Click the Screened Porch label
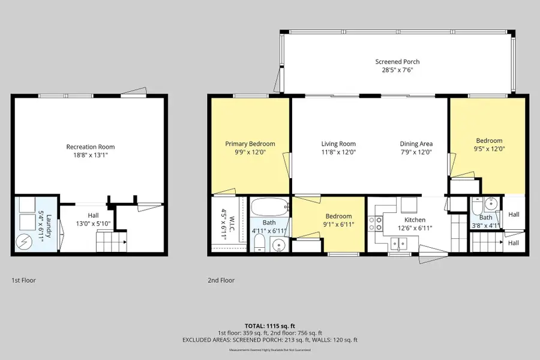(397, 62)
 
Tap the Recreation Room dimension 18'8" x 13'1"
(90, 155)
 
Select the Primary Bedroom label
(250, 143)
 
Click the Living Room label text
(338, 143)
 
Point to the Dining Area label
(416, 143)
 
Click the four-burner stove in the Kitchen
(376, 224)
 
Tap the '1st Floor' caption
(23, 280)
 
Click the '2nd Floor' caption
(222, 280)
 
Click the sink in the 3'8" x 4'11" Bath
(490, 203)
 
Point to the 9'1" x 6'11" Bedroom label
(338, 216)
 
